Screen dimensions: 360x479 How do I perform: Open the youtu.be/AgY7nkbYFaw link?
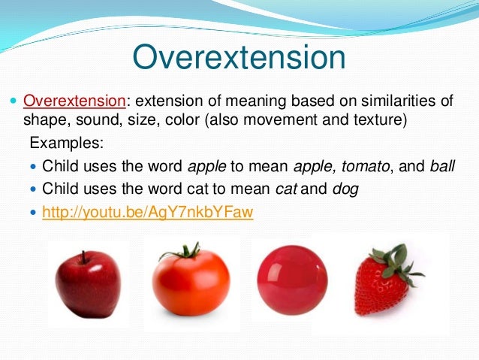tap(148, 213)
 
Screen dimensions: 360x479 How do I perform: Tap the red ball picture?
tap(292, 282)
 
